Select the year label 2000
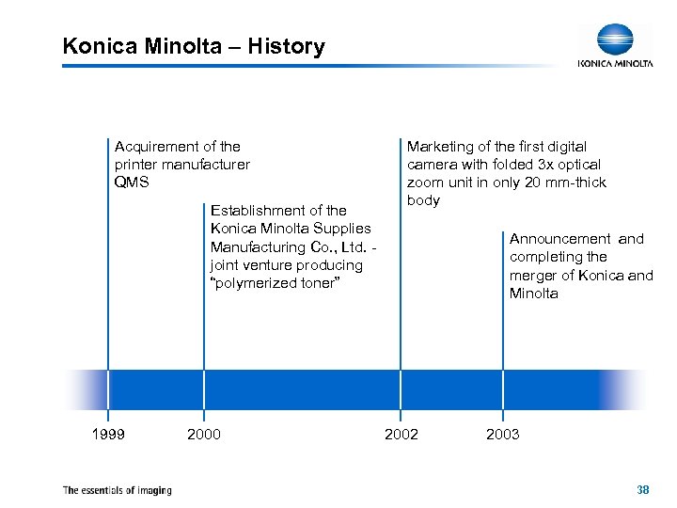point(204,434)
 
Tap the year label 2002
point(401,434)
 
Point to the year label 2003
point(502,434)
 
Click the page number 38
point(643,489)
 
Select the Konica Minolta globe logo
point(615,40)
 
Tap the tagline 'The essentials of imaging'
point(117,489)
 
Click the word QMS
point(132,183)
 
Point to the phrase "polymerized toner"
point(274,283)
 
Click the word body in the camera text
point(423,200)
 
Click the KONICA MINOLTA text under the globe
point(615,64)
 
